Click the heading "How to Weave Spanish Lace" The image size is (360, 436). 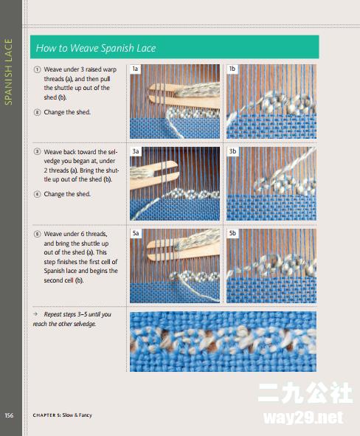coord(96,48)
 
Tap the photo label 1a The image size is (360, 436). coord(135,69)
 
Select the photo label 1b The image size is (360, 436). coord(232,69)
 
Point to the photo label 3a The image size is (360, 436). coord(136,151)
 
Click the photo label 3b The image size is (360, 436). coord(232,151)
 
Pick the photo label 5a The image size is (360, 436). coord(136,233)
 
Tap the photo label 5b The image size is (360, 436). coord(232,233)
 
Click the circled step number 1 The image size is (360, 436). coord(37,69)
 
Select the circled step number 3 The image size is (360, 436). coord(37,152)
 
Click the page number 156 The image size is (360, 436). coord(9,415)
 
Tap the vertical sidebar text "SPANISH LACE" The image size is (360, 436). coord(9,72)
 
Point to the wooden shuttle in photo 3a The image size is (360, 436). coord(153,175)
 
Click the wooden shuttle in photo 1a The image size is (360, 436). coord(184,96)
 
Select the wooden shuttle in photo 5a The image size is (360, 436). coord(183,246)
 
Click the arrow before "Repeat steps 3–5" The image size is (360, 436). coord(35,314)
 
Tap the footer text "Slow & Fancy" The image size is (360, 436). coord(77,415)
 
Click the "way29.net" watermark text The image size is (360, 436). coord(302,418)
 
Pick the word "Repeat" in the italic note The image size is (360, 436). coord(52,314)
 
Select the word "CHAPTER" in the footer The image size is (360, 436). coord(44,415)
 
